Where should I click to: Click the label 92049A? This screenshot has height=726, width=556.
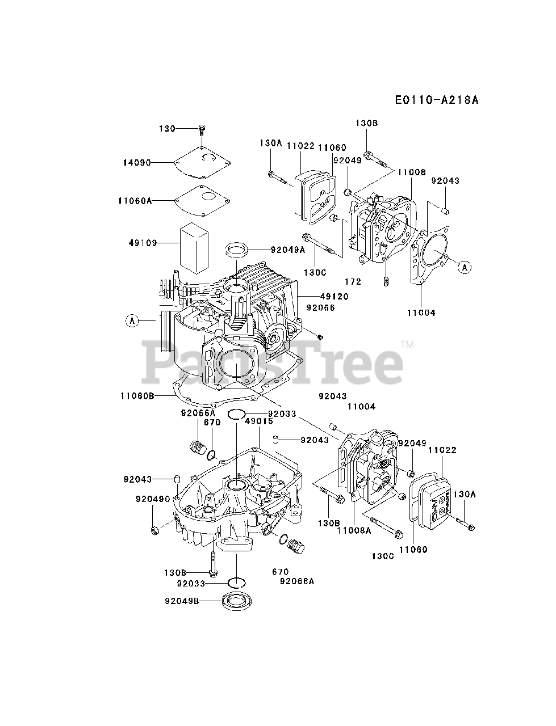287,249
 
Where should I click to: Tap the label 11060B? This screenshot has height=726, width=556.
137,396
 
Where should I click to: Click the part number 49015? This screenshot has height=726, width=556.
259,421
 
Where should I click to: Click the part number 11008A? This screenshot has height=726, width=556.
354,530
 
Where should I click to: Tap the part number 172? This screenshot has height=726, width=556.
353,281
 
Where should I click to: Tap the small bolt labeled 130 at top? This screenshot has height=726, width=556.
202,129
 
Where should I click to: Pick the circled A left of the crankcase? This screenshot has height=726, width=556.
132,321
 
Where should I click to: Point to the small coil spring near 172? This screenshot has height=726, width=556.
386,280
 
